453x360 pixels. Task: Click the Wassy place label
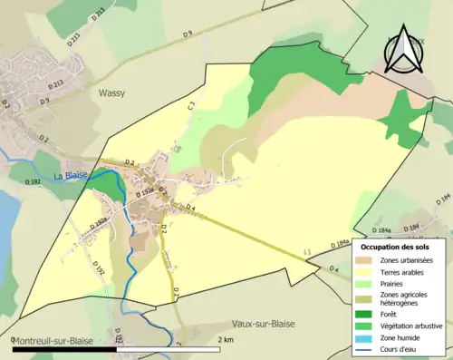coord(111,92)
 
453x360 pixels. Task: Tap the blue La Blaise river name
coord(71,175)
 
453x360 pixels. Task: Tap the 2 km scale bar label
coord(226,339)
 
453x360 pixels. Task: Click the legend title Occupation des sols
coord(395,247)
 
